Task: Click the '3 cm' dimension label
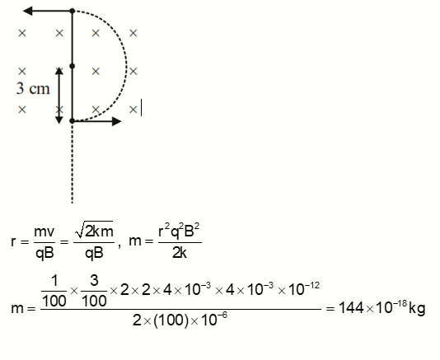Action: [32, 89]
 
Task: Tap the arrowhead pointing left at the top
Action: [27, 12]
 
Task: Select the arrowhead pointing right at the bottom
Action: [116, 121]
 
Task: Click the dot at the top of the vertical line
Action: [73, 12]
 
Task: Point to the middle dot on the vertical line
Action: [73, 65]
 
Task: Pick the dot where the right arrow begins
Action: [73, 121]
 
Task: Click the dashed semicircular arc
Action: [126, 66]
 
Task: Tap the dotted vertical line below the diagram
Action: [73, 165]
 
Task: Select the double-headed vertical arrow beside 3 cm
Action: [59, 94]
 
